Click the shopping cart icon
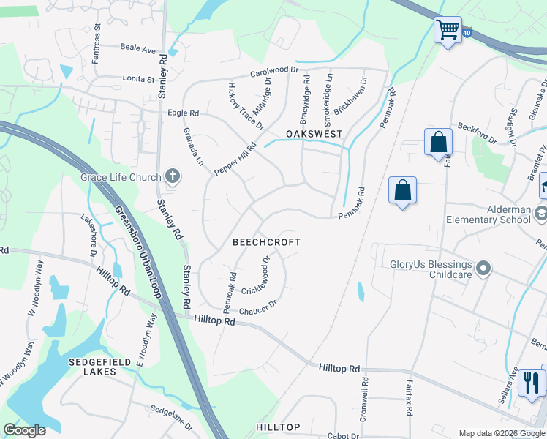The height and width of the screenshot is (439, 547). [448, 31]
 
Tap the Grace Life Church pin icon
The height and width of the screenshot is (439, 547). [172, 176]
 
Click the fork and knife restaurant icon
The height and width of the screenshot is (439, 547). [532, 382]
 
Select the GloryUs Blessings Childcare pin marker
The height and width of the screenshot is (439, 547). [482, 269]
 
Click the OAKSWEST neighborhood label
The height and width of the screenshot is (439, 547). [314, 134]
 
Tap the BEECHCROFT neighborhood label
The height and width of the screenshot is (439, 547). [266, 241]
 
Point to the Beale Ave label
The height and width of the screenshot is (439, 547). [138, 50]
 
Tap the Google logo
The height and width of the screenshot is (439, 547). [24, 430]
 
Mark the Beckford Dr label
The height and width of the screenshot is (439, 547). [477, 132]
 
